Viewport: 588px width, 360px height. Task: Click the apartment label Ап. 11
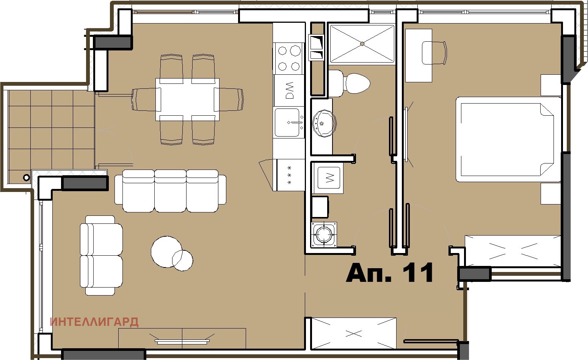tap(389, 273)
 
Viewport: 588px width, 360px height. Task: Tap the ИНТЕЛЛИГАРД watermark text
tap(94, 322)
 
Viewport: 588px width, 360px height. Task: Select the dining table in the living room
tap(187, 99)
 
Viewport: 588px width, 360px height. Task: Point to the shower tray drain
tap(362, 44)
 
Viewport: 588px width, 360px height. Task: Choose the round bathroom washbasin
tap(325, 123)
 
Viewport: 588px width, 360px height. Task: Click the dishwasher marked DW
tap(289, 90)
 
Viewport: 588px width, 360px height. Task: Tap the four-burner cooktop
tap(289, 58)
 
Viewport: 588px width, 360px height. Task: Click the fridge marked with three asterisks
tap(290, 175)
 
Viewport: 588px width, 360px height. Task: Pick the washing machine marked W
tap(328, 177)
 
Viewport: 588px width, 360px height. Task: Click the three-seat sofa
tap(171, 191)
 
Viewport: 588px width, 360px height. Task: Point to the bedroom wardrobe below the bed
tap(513, 250)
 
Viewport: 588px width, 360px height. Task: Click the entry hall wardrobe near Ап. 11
tap(353, 333)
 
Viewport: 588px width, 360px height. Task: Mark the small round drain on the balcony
tap(26, 177)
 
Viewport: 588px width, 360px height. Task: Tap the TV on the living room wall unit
tap(182, 341)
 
